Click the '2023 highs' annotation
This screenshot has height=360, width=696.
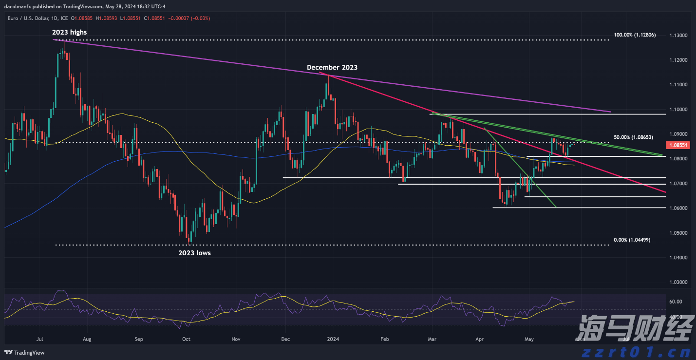pos(70,32)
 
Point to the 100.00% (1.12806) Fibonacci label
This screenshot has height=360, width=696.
pos(635,35)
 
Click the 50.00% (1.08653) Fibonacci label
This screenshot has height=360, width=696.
pos(633,138)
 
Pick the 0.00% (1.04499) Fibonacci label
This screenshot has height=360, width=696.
pos(632,240)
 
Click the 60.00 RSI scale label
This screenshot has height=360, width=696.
pos(676,302)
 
